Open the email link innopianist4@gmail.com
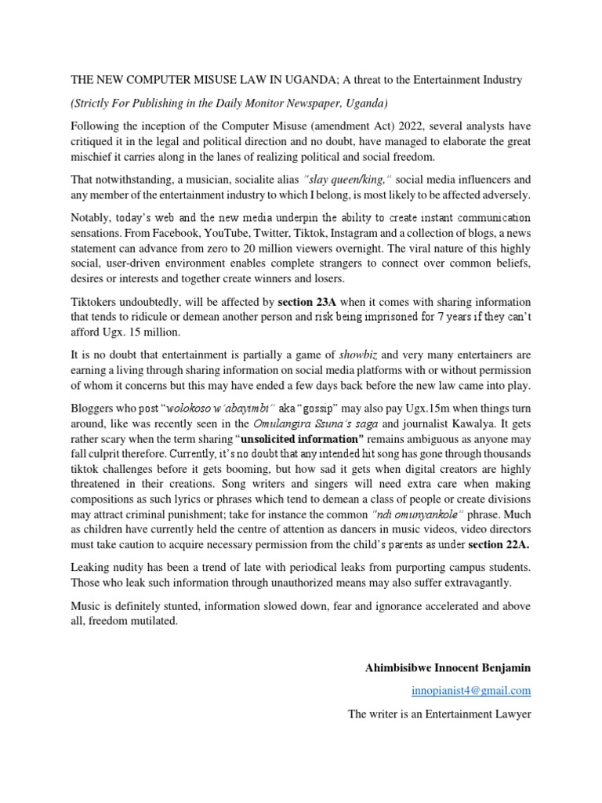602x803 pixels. point(471,690)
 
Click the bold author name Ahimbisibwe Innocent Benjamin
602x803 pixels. point(448,667)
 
